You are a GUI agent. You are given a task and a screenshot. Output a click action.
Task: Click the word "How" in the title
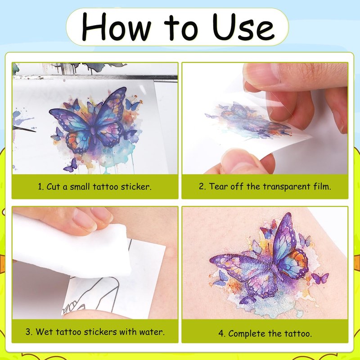point(117,27)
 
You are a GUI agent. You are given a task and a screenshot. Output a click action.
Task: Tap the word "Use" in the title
point(243,27)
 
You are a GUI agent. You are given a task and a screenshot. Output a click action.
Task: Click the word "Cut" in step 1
point(53,187)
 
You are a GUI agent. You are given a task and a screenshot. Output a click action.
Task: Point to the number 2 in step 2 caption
point(202,186)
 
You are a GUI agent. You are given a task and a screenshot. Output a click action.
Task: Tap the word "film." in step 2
point(322,186)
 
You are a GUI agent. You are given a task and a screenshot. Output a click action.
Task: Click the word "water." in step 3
point(152,332)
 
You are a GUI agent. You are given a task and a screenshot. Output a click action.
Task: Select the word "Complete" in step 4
point(247,333)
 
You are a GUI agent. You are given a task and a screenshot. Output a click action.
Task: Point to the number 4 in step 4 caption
point(221,333)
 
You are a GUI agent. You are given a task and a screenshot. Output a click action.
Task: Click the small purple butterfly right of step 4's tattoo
point(320,278)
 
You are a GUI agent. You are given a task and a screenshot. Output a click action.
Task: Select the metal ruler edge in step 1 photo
point(95,77)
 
